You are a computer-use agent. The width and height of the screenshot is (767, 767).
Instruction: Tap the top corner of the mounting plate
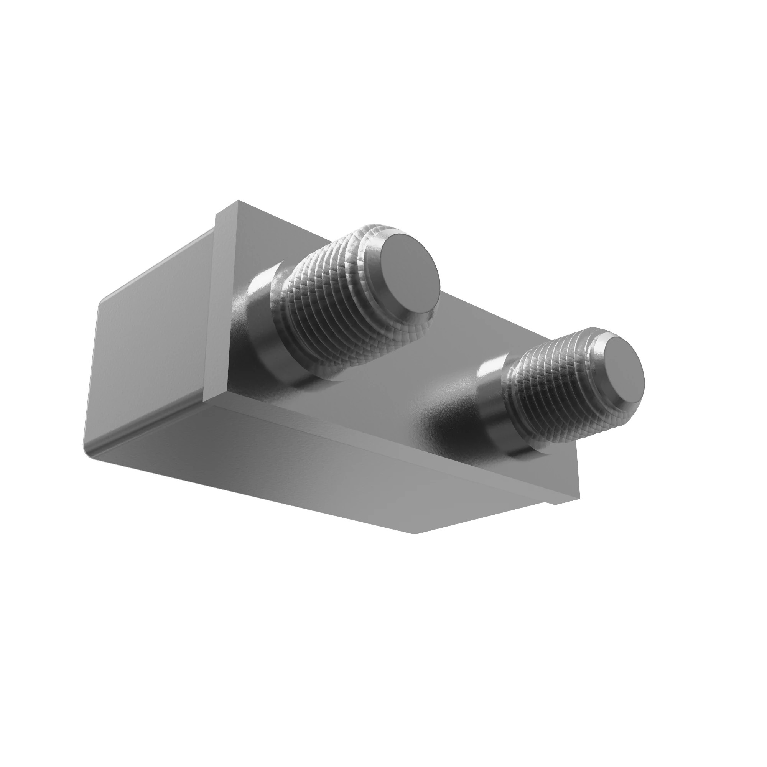point(238,201)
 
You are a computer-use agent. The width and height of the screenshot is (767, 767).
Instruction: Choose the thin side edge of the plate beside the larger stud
point(221,302)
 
